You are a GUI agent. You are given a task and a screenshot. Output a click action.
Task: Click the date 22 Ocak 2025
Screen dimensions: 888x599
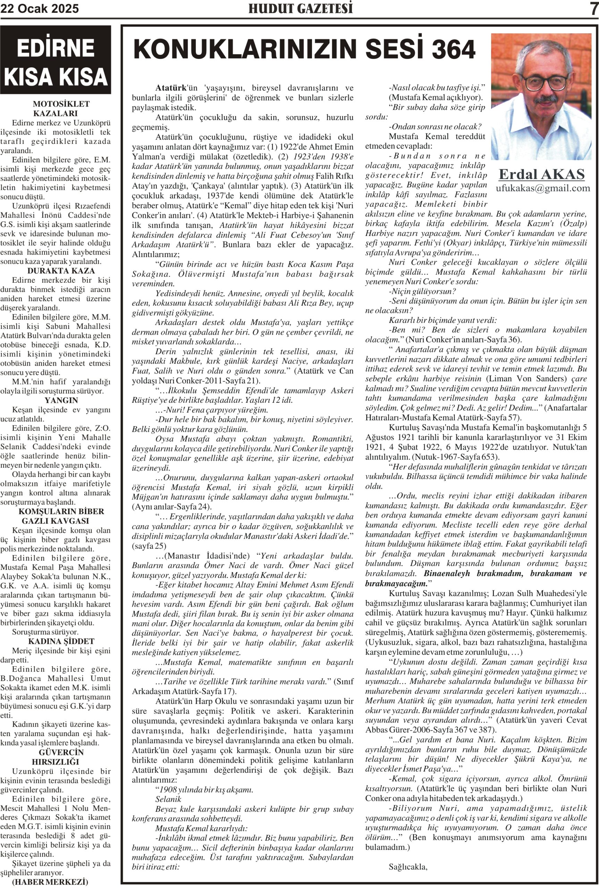coord(39,8)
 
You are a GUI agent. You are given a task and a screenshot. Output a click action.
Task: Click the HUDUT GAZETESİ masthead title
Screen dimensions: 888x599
coord(300,8)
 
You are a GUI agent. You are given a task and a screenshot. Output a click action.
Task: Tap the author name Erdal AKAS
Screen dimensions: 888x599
coord(541,174)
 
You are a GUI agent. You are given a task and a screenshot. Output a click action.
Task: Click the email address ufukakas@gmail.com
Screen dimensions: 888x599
coord(542,188)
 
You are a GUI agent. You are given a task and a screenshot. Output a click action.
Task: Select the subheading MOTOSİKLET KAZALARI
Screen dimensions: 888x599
coord(61,109)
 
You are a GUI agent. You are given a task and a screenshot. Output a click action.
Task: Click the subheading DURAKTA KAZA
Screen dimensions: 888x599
coord(61,271)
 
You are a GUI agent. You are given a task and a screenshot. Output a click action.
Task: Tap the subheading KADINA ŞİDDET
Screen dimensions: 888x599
coord(61,641)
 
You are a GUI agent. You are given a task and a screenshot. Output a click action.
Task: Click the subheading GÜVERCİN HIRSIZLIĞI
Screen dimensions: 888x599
coord(61,757)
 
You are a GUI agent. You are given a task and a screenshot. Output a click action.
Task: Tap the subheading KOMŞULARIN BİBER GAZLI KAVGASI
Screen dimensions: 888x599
coord(61,516)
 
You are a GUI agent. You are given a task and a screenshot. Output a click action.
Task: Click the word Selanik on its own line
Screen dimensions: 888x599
coord(168,799)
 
